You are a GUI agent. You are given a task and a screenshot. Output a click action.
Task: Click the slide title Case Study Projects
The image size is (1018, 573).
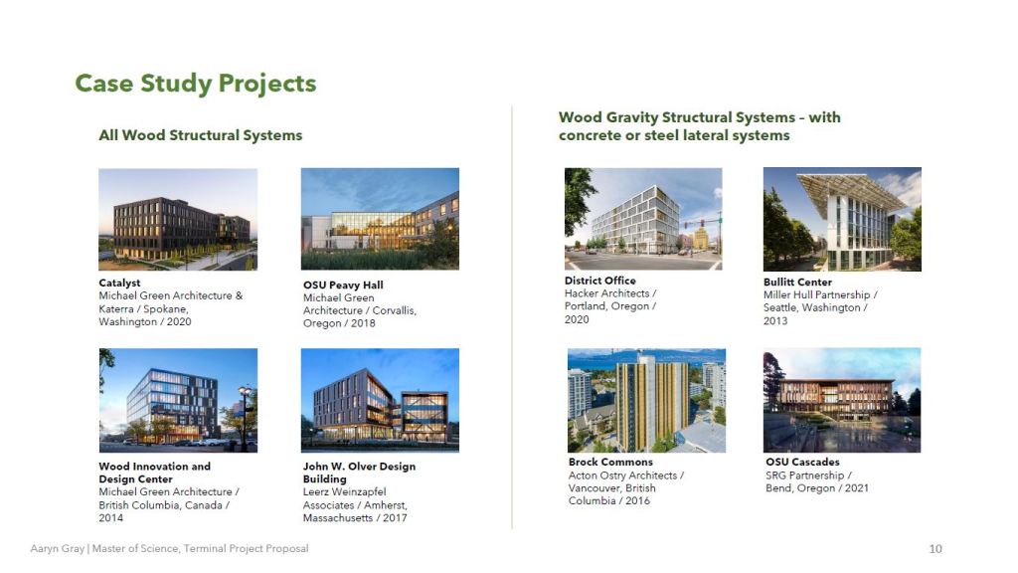pos(196,84)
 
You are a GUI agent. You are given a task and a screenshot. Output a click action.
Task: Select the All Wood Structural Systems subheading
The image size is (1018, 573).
pos(200,135)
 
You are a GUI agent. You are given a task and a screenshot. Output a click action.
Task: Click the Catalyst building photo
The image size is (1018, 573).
pos(178,220)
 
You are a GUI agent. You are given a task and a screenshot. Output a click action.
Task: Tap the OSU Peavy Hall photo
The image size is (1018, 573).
pos(380,219)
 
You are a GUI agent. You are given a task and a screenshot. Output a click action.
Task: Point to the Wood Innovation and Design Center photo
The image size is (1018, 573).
pos(178,400)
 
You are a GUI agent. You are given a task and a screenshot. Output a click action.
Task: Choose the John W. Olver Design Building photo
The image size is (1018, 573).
pos(380,400)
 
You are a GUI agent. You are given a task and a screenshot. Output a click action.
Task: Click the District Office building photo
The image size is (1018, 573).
pos(643,219)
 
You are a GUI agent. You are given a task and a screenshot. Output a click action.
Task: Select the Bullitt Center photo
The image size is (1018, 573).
pos(842,219)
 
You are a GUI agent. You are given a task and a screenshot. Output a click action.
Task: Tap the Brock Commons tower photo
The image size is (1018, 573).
pos(646,400)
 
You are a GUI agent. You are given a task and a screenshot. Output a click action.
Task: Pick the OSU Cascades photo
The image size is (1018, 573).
pos(842,400)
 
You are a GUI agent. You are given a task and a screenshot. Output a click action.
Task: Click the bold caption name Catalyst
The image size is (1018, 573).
pos(119,283)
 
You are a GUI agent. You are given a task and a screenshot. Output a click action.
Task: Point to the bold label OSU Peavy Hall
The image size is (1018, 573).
pos(343,285)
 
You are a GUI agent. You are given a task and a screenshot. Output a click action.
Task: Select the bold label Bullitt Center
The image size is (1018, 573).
pos(797,282)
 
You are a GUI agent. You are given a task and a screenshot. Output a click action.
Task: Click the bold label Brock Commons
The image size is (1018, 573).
pos(610,462)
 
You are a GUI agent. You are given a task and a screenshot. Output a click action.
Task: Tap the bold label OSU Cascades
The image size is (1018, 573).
pos(802,462)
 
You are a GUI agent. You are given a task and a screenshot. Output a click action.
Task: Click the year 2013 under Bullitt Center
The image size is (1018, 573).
pos(775,320)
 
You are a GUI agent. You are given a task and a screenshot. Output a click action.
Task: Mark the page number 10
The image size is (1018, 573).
pos(935,549)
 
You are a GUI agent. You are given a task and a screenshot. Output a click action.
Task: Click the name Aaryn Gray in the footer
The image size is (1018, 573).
pos(57,548)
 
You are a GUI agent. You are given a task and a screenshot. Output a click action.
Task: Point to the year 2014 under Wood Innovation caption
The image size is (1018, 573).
pos(110,517)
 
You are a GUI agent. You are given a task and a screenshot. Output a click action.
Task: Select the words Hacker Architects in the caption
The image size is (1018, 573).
pos(606,293)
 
